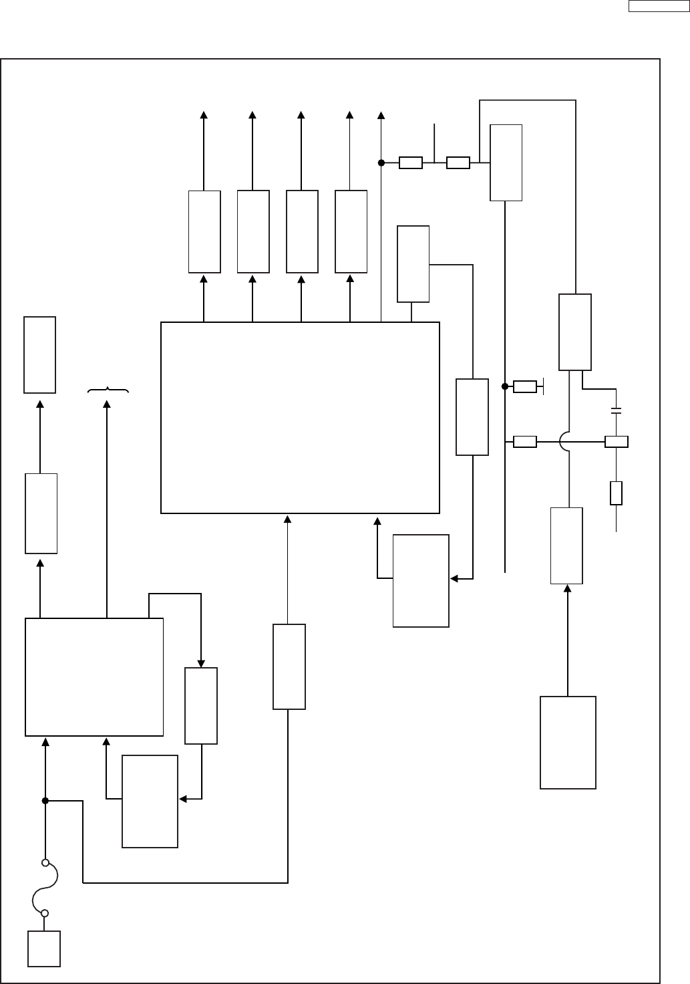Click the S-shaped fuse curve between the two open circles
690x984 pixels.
point(45,888)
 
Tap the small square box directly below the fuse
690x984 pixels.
point(44,948)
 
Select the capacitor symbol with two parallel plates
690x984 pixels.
point(616,410)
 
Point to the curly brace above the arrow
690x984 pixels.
point(108,390)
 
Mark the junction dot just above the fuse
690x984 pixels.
point(45,800)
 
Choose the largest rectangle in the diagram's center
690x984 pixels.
point(300,418)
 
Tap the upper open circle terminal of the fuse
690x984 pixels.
point(45,862)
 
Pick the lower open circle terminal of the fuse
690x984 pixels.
point(45,912)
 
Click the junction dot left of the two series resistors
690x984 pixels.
point(381,162)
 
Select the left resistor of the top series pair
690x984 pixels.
point(410,162)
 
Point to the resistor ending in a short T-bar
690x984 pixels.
point(524,386)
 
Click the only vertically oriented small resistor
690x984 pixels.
point(616,493)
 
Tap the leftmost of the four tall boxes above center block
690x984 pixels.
point(204,231)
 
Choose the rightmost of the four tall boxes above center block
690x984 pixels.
point(351,231)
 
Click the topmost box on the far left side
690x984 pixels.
point(39,354)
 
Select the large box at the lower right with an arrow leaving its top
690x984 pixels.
point(568,742)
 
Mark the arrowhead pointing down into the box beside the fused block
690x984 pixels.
point(200,662)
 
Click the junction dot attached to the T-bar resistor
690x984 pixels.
point(505,386)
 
